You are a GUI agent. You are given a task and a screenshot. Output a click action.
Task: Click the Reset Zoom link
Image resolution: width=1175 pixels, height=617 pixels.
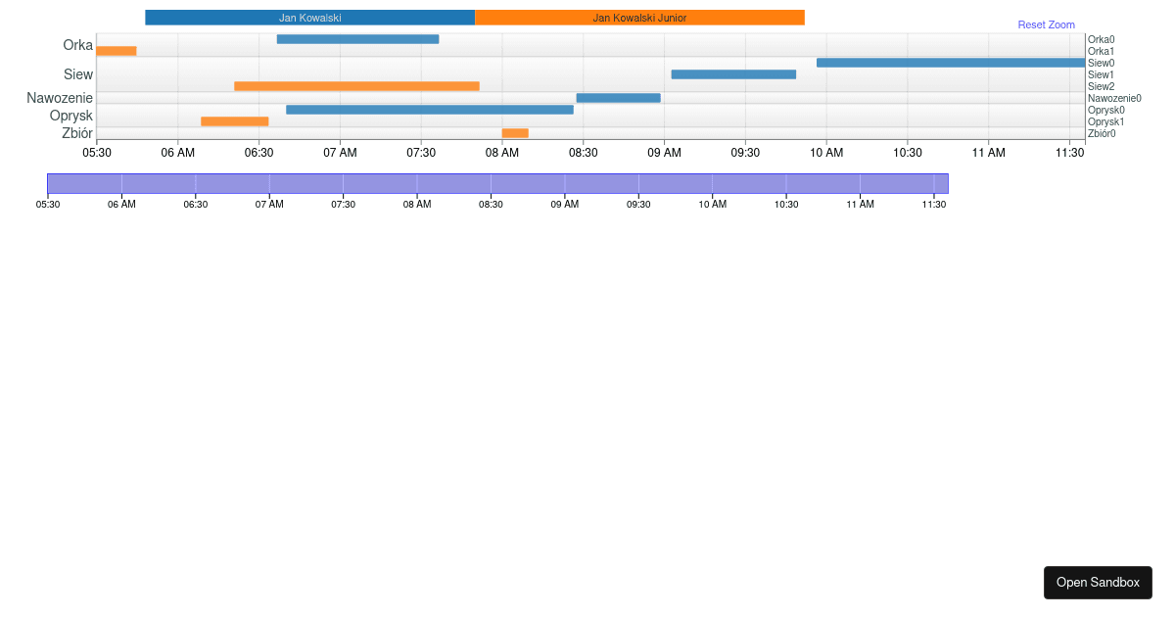pyautogui.click(x=1046, y=24)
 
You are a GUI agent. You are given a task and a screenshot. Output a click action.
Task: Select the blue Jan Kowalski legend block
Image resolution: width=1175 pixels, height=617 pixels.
pyautogui.click(x=309, y=18)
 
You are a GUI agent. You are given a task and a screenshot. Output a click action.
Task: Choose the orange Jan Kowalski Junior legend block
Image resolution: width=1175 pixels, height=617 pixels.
pyautogui.click(x=639, y=18)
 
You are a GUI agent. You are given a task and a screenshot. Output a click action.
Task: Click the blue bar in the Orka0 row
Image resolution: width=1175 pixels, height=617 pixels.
pyautogui.click(x=357, y=39)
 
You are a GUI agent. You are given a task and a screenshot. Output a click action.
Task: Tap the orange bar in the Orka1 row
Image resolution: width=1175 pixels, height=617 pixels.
pyautogui.click(x=117, y=51)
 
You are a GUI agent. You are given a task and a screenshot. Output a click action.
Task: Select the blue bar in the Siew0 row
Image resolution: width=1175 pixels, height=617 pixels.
pyautogui.click(x=950, y=63)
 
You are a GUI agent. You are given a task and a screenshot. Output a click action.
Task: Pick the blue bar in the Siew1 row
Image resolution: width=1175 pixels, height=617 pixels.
pyautogui.click(x=733, y=74)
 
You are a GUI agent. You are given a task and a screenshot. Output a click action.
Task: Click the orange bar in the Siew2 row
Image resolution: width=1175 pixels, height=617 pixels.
pyautogui.click(x=356, y=86)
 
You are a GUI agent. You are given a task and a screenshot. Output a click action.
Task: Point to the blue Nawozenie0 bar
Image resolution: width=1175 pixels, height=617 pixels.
pyautogui.click(x=618, y=98)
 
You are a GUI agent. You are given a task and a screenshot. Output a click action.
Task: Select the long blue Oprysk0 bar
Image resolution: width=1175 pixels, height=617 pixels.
pyautogui.click(x=429, y=110)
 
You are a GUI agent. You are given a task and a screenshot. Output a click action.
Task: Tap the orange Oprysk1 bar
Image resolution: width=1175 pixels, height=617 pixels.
pyautogui.click(x=234, y=121)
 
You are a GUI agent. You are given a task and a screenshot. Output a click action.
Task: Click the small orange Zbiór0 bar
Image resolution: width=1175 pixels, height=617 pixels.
pyautogui.click(x=515, y=133)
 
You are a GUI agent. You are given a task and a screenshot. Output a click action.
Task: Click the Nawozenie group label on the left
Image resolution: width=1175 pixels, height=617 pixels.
pyautogui.click(x=60, y=98)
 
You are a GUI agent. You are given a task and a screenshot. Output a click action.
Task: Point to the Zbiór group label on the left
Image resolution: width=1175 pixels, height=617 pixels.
pyautogui.click(x=77, y=133)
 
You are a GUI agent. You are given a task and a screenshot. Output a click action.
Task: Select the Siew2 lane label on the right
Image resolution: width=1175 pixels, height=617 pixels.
pyautogui.click(x=1101, y=86)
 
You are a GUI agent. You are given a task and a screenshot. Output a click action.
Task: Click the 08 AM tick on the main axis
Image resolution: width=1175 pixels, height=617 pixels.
pyautogui.click(x=502, y=152)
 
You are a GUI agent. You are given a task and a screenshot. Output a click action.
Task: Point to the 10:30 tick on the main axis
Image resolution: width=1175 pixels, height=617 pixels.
pyautogui.click(x=908, y=152)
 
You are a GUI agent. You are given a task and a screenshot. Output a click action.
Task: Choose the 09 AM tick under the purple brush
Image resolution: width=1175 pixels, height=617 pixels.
pyautogui.click(x=564, y=204)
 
